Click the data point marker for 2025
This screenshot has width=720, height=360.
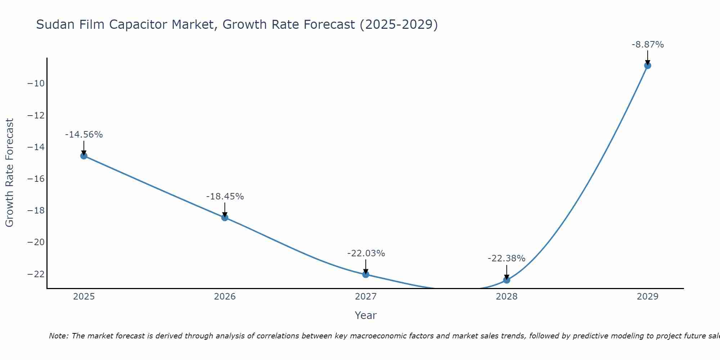pyautogui.click(x=84, y=156)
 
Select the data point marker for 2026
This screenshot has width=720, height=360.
pyautogui.click(x=225, y=217)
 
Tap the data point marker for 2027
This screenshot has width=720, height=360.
pyautogui.click(x=366, y=274)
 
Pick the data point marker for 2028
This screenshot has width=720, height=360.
pyautogui.click(x=507, y=280)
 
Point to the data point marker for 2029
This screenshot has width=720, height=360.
pyautogui.click(x=648, y=66)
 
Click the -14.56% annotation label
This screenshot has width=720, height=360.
pyautogui.click(x=84, y=135)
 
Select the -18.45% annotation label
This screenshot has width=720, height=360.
pyautogui.click(x=225, y=197)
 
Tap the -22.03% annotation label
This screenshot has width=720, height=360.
pyautogui.click(x=366, y=253)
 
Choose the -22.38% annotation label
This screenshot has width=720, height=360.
pyautogui.click(x=507, y=258)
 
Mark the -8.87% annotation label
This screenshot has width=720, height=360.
pyautogui.click(x=648, y=45)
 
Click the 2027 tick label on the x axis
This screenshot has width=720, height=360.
pyautogui.click(x=366, y=297)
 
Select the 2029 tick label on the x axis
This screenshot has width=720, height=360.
pyautogui.click(x=648, y=297)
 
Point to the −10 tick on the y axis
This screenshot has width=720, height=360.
pyautogui.click(x=36, y=84)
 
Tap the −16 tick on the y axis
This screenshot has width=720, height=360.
pyautogui.click(x=36, y=179)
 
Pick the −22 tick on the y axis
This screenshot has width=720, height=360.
pyautogui.click(x=36, y=274)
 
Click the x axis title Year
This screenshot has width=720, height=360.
pyautogui.click(x=366, y=315)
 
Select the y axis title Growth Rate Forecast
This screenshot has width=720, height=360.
pyautogui.click(x=9, y=173)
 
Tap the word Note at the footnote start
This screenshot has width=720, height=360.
pyautogui.click(x=58, y=336)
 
